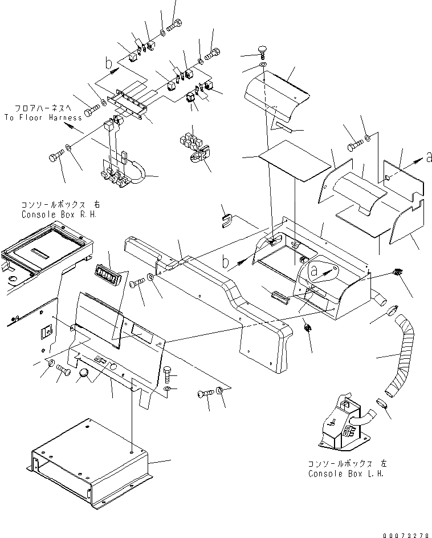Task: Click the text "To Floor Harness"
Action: click(42, 118)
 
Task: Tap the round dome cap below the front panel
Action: click(84, 374)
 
